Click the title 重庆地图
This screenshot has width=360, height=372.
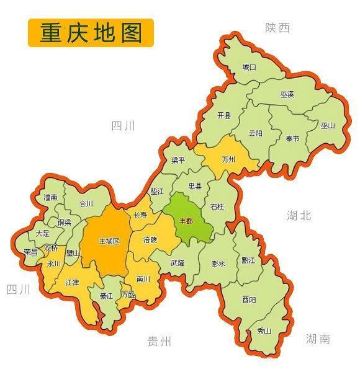[x=91, y=33]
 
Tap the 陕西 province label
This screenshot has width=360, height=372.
[x=277, y=28]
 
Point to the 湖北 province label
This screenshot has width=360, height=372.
[x=299, y=216]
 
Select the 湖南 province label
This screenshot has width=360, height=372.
[x=318, y=339]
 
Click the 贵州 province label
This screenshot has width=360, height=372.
[x=159, y=341]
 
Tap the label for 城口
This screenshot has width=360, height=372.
[x=249, y=67]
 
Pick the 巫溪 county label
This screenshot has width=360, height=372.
[x=287, y=95]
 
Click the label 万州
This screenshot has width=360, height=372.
[x=228, y=159]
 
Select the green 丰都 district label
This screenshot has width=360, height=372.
[x=186, y=221]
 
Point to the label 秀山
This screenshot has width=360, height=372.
[x=264, y=330]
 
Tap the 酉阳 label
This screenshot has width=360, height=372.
[x=249, y=299]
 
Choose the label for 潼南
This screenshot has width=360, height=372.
[x=50, y=197]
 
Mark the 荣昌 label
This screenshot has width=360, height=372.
[x=30, y=252]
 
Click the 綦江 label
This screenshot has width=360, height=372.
[x=106, y=296]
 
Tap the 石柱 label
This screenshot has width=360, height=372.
[x=217, y=206]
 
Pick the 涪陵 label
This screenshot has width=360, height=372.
[x=150, y=239]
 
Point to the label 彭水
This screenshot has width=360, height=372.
[x=218, y=263]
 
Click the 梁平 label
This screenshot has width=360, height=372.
[x=178, y=160]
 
